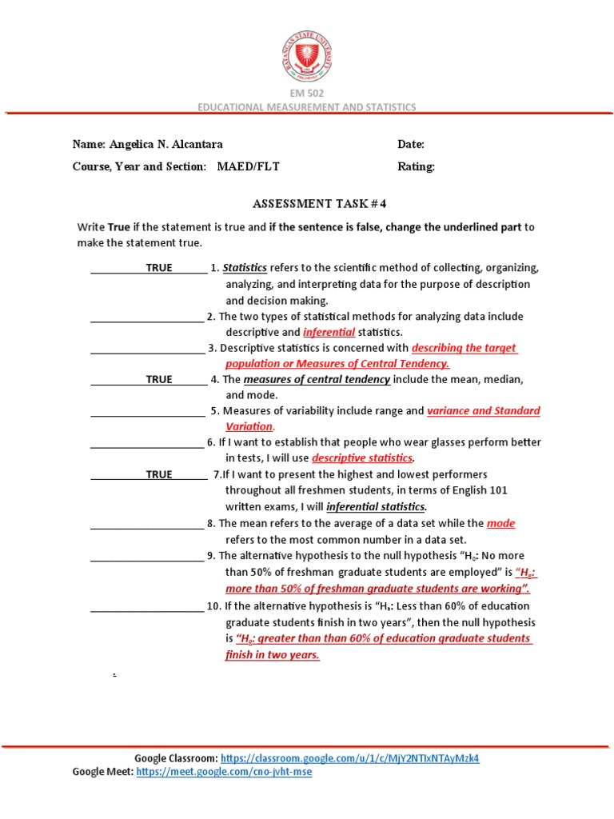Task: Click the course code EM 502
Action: click(x=307, y=94)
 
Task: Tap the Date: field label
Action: click(x=411, y=145)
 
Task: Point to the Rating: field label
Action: click(x=416, y=167)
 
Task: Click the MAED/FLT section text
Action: click(x=249, y=167)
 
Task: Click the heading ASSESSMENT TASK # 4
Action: click(x=308, y=204)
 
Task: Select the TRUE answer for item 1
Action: click(x=158, y=268)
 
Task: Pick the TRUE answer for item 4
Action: click(x=158, y=380)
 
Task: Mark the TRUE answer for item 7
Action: click(x=158, y=475)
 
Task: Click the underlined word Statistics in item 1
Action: click(x=245, y=268)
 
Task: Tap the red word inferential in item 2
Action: click(x=329, y=332)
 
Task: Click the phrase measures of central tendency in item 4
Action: click(x=317, y=380)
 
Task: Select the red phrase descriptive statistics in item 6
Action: click(x=362, y=458)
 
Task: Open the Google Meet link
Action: click(x=224, y=772)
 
